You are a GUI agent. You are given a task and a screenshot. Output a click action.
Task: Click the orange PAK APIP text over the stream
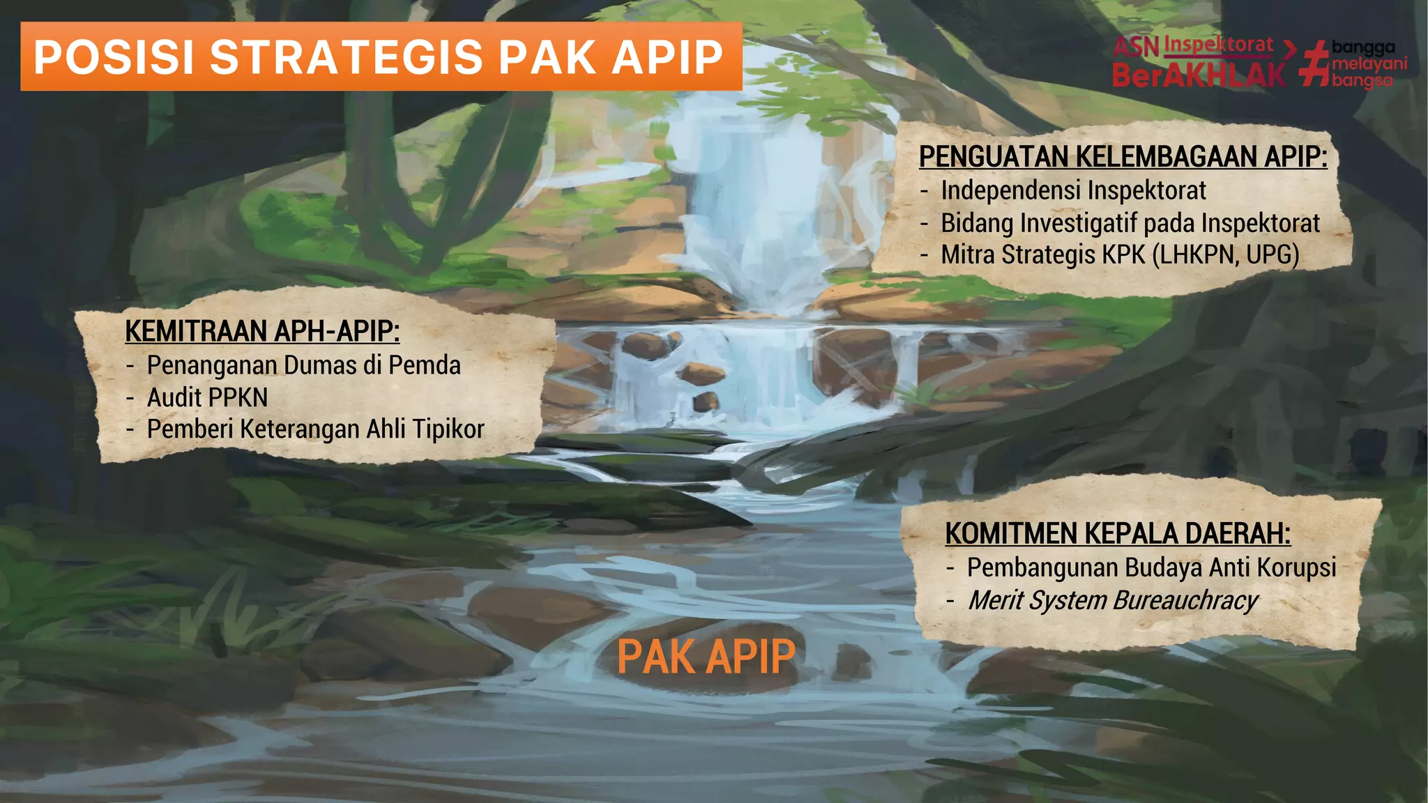pos(706,657)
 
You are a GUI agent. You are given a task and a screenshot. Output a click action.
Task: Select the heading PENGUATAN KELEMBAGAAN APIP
pos(1123,157)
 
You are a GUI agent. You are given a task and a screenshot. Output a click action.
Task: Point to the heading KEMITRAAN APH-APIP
pos(262,331)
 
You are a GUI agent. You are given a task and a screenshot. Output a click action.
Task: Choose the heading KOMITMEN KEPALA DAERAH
pos(1118,534)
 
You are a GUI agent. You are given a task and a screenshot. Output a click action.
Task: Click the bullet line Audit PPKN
pos(207,397)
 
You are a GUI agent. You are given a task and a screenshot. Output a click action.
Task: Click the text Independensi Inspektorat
pos(1073,190)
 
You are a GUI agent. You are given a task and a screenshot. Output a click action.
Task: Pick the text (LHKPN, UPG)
pos(1225,255)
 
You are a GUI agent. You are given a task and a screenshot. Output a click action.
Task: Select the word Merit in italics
pos(996,601)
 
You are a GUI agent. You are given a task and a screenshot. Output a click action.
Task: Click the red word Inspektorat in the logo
pos(1219,45)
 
